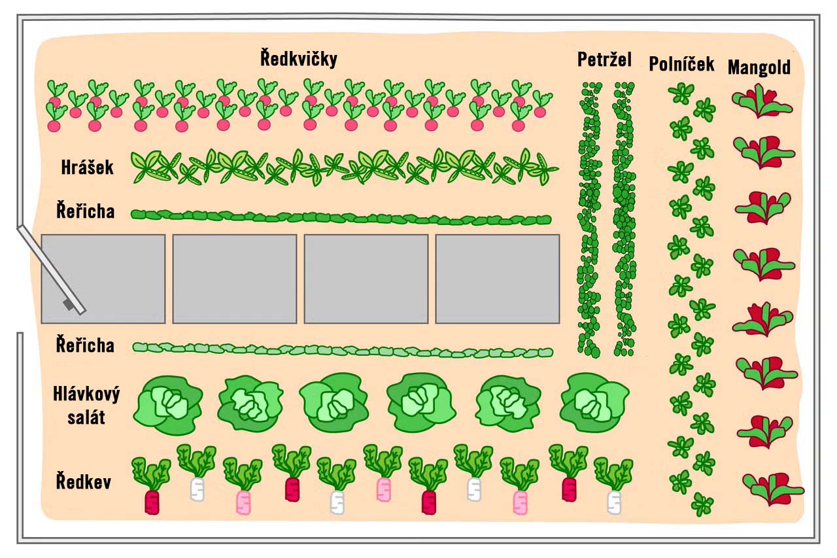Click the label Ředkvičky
pyautogui.click(x=298, y=60)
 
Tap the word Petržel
pyautogui.click(x=604, y=60)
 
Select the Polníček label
pyautogui.click(x=681, y=64)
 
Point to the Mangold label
pyautogui.click(x=759, y=67)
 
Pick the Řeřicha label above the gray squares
pyautogui.click(x=85, y=211)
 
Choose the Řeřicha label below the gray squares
pyautogui.click(x=85, y=345)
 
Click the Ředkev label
pyautogui.click(x=83, y=483)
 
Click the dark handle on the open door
pyautogui.click(x=68, y=304)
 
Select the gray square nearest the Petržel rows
pyautogui.click(x=498, y=279)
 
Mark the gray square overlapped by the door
pyautogui.click(x=103, y=279)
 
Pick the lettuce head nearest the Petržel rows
pyautogui.click(x=594, y=402)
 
